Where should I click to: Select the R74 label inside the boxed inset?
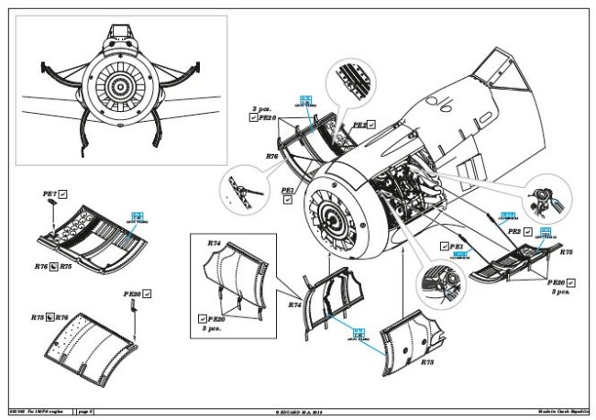pos(215,244)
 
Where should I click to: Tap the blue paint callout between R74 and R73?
pos(359,334)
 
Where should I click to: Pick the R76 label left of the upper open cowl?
pos(271,157)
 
